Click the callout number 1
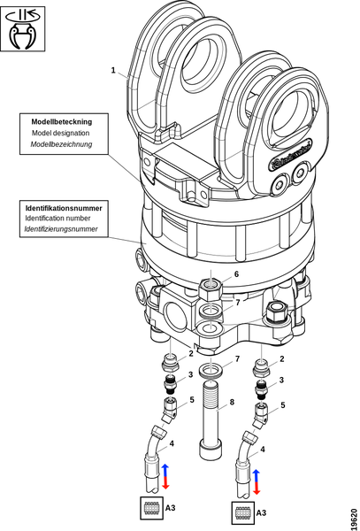(x=112, y=70)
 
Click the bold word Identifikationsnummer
(x=64, y=207)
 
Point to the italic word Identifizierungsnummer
(x=61, y=229)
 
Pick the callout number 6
(x=235, y=274)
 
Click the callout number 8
(x=232, y=402)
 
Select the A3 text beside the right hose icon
(x=262, y=512)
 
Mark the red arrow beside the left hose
(x=165, y=483)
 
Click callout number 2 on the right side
(x=281, y=358)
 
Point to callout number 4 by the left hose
(x=172, y=442)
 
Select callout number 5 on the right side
(x=282, y=404)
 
